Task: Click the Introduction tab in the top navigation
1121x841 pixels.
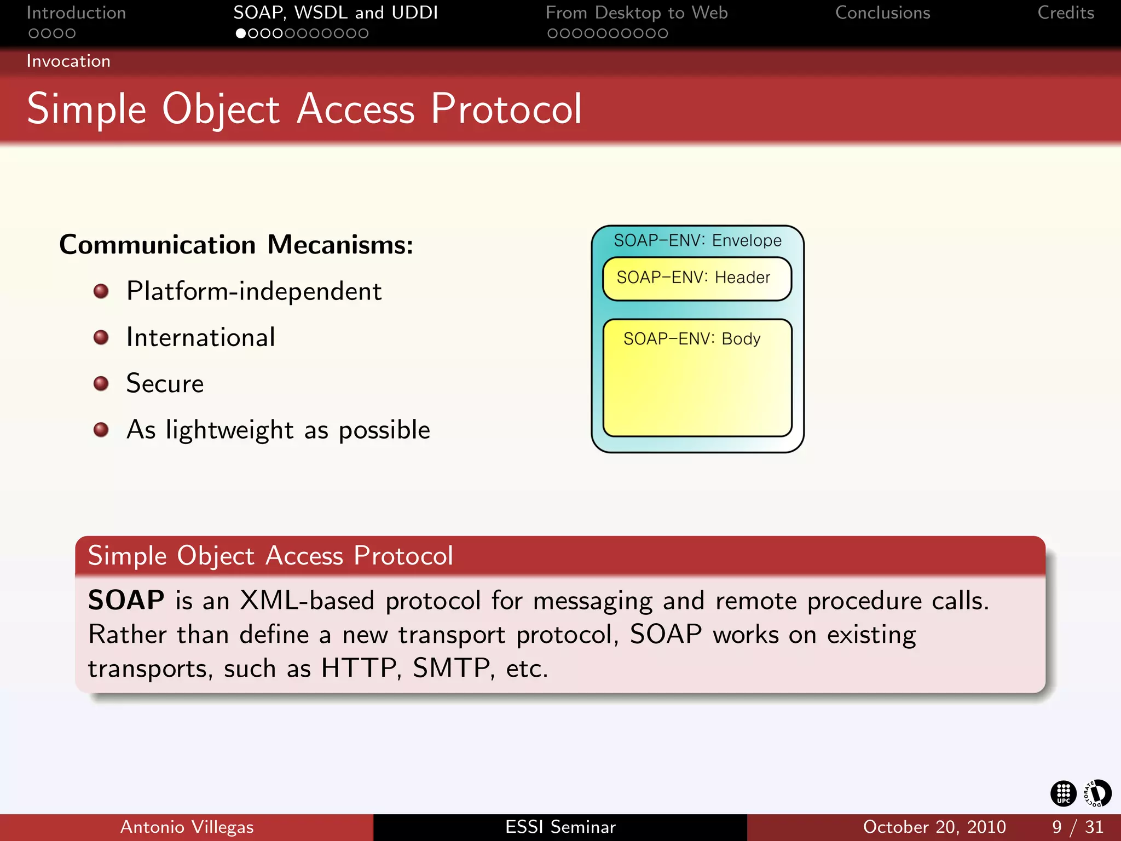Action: (x=76, y=13)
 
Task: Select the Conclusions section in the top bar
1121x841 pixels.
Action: (x=882, y=13)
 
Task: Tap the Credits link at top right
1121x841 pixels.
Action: (x=1065, y=13)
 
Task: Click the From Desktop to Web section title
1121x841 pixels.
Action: (x=636, y=13)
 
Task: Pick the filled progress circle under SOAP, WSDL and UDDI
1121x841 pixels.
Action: (x=240, y=33)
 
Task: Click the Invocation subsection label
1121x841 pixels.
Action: (x=68, y=61)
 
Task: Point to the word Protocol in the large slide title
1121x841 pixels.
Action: (x=506, y=109)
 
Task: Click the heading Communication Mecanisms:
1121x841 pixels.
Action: (x=236, y=244)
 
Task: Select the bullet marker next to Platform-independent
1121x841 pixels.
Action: (x=101, y=291)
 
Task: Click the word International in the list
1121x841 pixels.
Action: (x=200, y=337)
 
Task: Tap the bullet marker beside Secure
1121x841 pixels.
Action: (x=101, y=383)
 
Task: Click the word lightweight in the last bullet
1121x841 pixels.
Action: (x=229, y=430)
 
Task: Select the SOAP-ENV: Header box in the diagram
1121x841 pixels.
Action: (x=697, y=279)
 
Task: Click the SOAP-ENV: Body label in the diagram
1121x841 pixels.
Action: (x=692, y=339)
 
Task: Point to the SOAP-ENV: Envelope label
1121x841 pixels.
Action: (x=697, y=240)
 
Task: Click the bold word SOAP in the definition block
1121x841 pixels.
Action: (x=126, y=600)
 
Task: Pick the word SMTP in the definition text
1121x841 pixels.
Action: (x=452, y=668)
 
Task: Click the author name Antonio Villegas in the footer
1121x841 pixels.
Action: (x=187, y=827)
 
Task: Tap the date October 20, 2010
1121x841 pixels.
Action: (x=934, y=827)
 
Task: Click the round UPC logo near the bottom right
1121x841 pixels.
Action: (x=1063, y=793)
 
